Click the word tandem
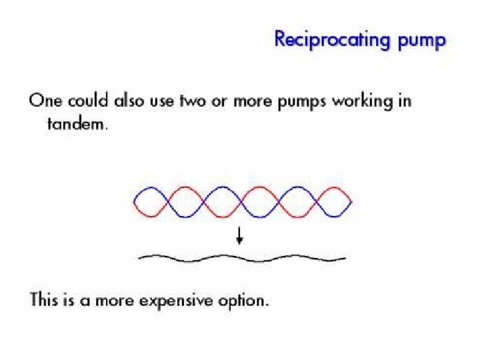click(x=75, y=125)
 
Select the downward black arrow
click(x=239, y=235)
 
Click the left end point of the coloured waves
click(x=135, y=201)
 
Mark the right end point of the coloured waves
click(x=351, y=201)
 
